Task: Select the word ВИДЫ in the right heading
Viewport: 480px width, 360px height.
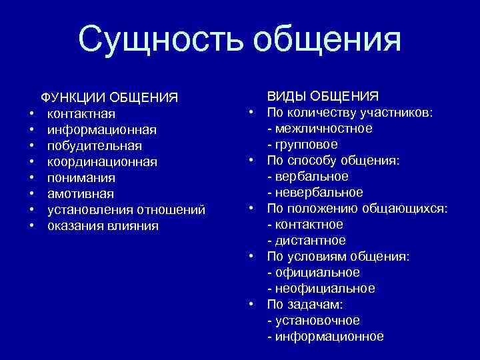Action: point(289,96)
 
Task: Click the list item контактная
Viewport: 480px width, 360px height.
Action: point(81,113)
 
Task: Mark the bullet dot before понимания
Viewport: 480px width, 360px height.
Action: point(31,178)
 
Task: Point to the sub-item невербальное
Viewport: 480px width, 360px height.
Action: point(318,192)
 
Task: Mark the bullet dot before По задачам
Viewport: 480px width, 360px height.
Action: point(253,303)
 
